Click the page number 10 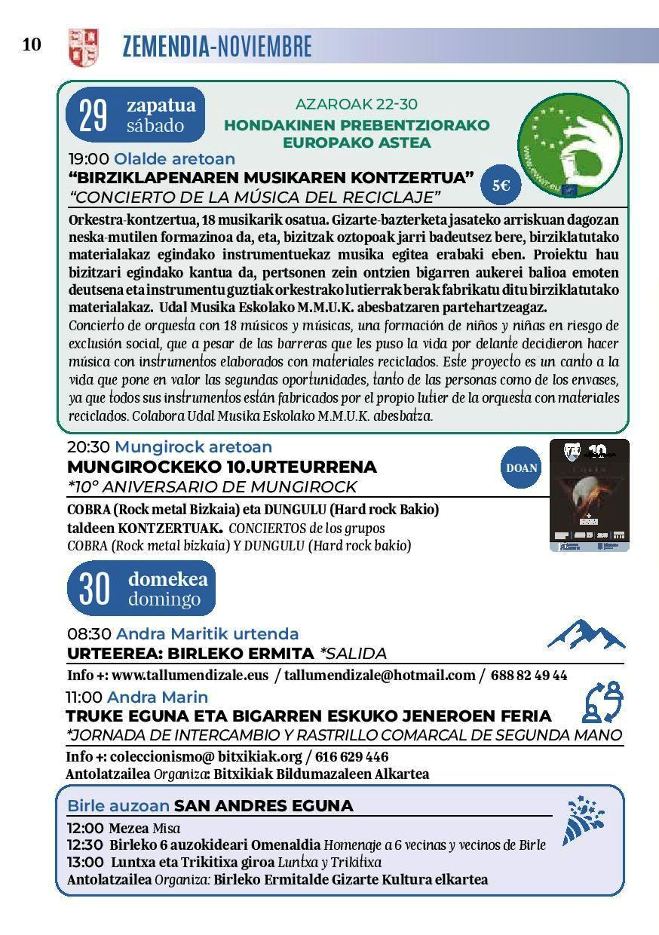tap(32, 45)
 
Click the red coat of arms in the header tap(83, 47)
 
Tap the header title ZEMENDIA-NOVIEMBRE tap(216, 47)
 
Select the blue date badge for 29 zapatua tap(136, 115)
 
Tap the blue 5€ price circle tap(501, 185)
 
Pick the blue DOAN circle tap(522, 467)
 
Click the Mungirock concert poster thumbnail tap(589, 495)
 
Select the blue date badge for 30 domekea tap(141, 590)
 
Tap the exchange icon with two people tap(603, 703)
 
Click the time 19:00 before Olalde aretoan tap(89, 159)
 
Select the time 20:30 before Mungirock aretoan tap(89, 447)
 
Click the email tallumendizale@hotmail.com tap(380, 676)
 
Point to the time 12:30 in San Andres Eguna tap(85, 845)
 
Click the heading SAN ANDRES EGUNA tap(263, 806)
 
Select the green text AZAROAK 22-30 tap(356, 104)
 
